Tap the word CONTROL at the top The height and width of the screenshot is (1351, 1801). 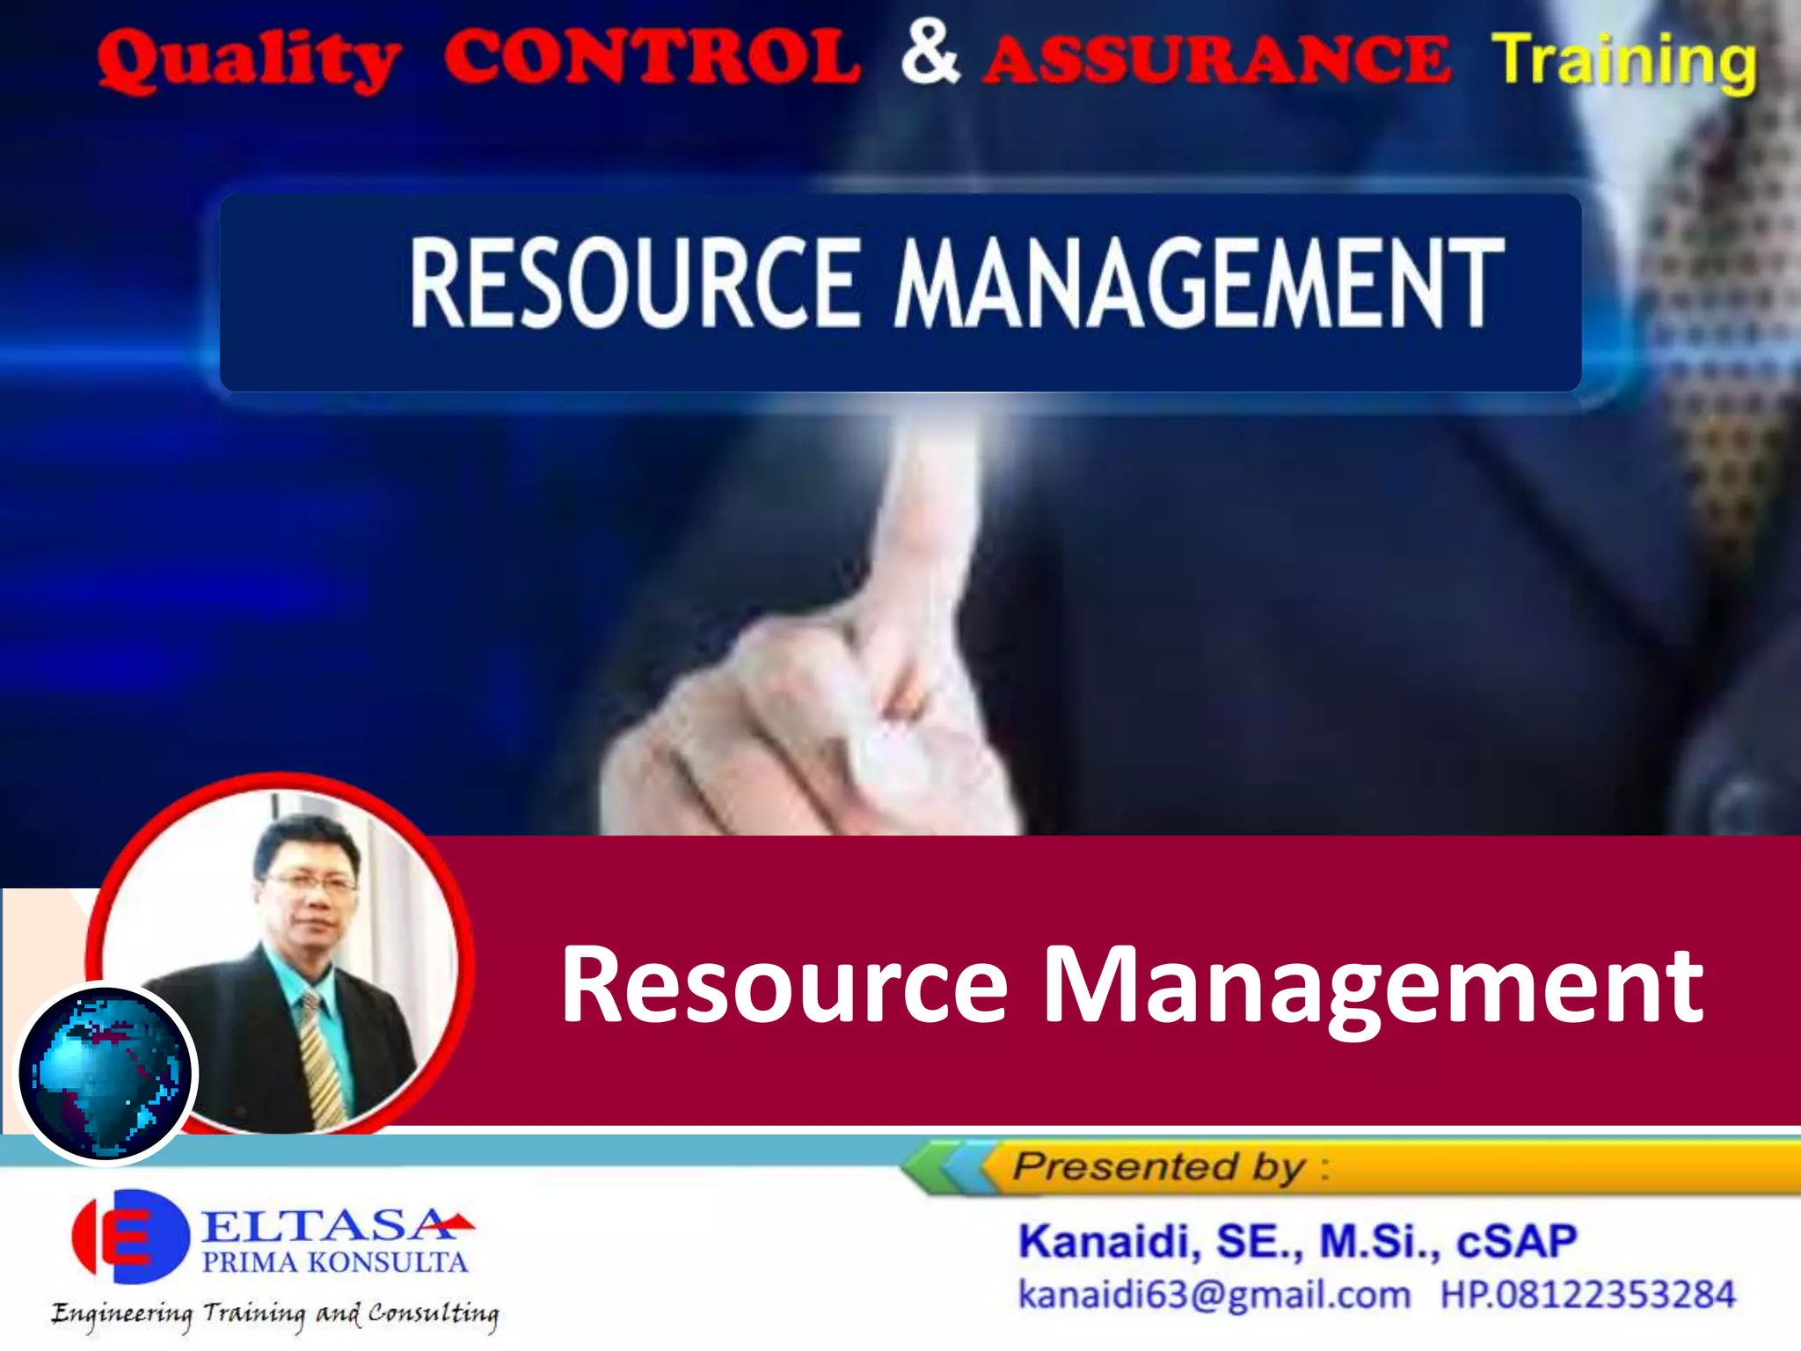coord(652,58)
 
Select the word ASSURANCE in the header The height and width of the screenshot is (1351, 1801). coord(1217,60)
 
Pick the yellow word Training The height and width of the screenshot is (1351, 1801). coord(1623,60)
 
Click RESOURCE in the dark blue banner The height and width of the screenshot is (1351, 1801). coord(633,283)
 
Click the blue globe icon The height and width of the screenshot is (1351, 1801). coord(106,1073)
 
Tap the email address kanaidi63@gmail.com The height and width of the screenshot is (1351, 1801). coord(1214,1296)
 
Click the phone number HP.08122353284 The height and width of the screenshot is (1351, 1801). coord(1587,1296)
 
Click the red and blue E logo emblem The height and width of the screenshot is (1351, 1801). coord(130,1237)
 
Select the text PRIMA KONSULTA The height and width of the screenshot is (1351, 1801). coord(334,1263)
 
